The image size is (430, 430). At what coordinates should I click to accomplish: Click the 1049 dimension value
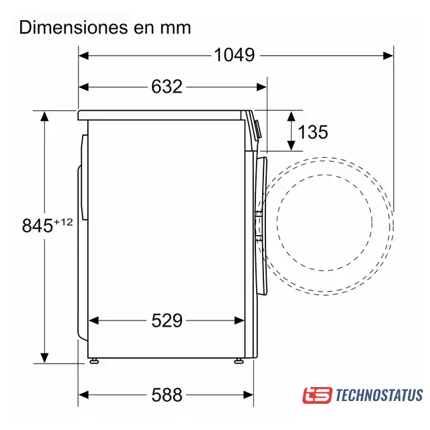pos(234,55)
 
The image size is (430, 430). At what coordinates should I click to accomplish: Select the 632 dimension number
pos(167,87)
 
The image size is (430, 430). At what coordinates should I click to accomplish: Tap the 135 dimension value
pos(313,132)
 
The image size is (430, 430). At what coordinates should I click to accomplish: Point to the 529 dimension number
pos(167,320)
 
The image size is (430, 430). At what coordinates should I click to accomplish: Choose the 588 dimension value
pos(167,395)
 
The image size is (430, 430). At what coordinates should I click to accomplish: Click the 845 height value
pos(38,226)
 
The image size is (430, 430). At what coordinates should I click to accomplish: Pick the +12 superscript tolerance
pos(63,222)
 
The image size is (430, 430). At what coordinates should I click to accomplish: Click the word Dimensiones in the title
pos(73,28)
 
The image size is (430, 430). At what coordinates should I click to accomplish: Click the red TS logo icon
pos(318,395)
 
